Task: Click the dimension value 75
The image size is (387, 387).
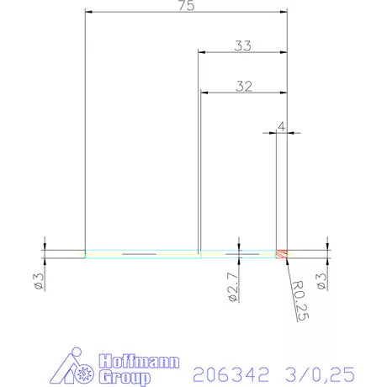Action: click(x=187, y=7)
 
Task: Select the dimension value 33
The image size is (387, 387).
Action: click(x=242, y=47)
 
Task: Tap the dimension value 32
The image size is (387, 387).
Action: click(x=243, y=86)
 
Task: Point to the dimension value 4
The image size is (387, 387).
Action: click(x=281, y=126)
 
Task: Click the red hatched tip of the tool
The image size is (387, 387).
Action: click(x=284, y=253)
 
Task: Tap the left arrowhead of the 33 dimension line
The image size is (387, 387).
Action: click(x=201, y=52)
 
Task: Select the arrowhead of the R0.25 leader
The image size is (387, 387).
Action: click(x=286, y=260)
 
